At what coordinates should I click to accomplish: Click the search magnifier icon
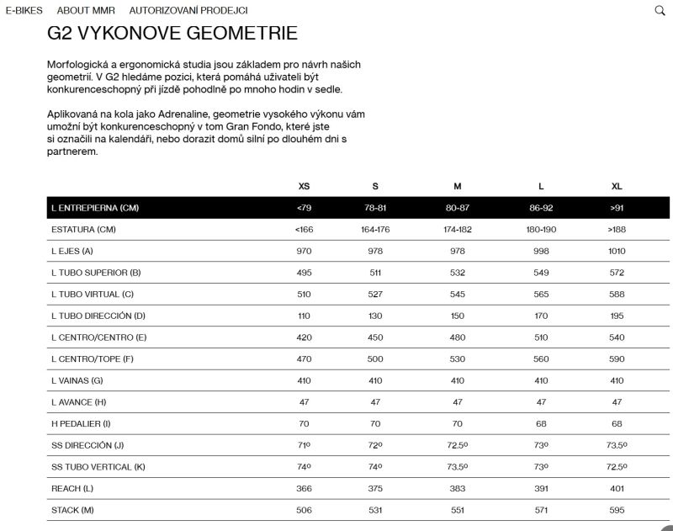coord(660,11)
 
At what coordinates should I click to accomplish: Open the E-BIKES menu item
coord(24,11)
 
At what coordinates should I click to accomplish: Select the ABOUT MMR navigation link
coord(86,11)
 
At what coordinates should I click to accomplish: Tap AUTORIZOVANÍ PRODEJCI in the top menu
coord(188,11)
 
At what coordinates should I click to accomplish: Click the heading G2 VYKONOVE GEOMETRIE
coord(172,34)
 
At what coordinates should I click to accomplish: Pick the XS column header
coord(304,186)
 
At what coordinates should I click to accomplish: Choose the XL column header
coord(617,186)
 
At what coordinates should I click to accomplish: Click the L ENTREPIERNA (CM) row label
coord(94,208)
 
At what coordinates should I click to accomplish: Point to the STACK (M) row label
coord(73,509)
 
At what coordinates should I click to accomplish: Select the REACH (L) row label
coord(72,487)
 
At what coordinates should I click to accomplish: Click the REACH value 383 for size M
coord(457,487)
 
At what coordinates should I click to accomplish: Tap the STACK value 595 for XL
coord(617,509)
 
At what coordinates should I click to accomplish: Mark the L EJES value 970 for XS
coord(304,251)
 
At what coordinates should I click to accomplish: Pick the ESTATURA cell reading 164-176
coord(375,229)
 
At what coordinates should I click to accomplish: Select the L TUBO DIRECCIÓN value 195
coord(617,316)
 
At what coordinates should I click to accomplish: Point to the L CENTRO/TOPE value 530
coord(457,358)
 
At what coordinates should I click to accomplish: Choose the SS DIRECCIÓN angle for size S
coord(375,444)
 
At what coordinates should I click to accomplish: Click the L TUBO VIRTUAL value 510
coord(304,294)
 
